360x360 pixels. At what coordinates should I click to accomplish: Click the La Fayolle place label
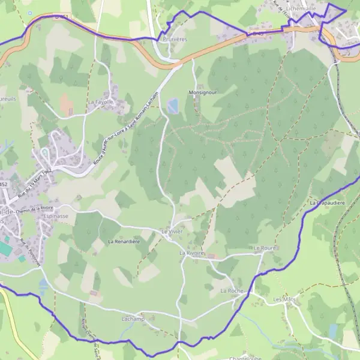(x=100, y=103)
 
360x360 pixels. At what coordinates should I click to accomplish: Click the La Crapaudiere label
(x=328, y=203)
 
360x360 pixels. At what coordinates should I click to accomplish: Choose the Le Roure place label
(x=264, y=247)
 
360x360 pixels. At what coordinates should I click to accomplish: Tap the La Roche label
(x=231, y=290)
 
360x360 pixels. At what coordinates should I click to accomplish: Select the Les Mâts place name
(x=285, y=299)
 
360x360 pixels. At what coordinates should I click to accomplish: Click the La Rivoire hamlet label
(x=192, y=253)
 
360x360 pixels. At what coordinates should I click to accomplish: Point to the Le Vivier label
(x=172, y=231)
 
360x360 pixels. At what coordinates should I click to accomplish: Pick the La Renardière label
(x=124, y=241)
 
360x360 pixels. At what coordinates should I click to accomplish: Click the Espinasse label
(x=56, y=215)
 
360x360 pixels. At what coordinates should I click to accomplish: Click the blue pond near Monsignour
(x=173, y=107)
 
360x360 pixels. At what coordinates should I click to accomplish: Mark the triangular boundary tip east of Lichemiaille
(x=346, y=9)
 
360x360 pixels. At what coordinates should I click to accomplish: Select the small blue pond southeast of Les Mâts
(x=333, y=332)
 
